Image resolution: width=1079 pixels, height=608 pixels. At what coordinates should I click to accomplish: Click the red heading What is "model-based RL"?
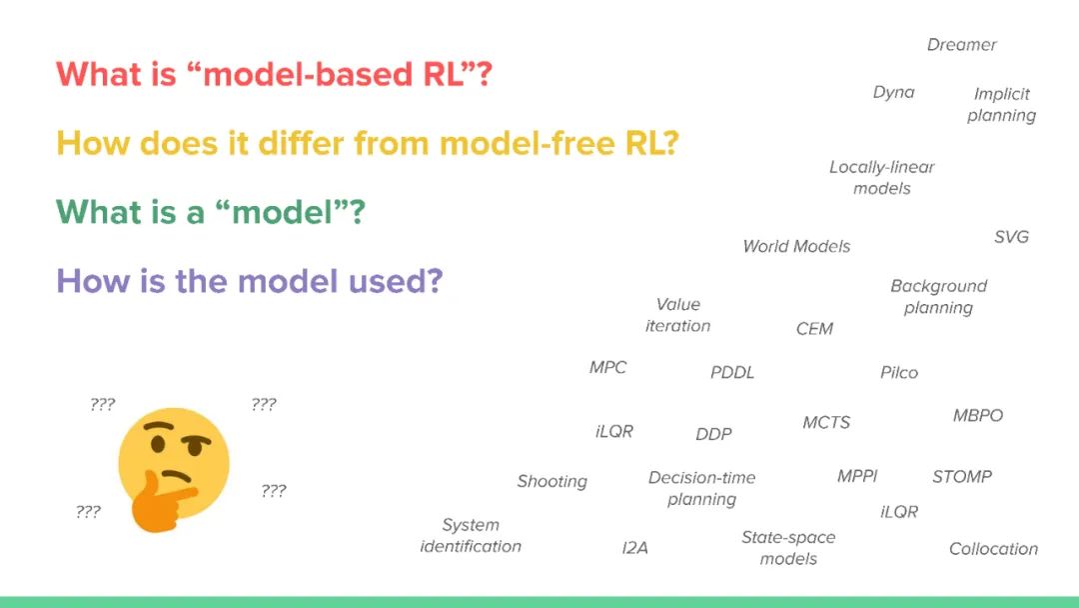(x=274, y=75)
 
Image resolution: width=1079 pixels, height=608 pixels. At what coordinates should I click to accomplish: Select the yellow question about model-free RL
(x=368, y=143)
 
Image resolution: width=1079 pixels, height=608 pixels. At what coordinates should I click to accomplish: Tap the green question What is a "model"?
(x=211, y=212)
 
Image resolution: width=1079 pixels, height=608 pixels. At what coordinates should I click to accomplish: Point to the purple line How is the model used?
(x=249, y=281)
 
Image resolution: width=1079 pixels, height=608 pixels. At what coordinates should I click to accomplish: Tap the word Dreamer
(x=961, y=45)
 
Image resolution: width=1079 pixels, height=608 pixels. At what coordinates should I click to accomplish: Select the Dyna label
(x=893, y=92)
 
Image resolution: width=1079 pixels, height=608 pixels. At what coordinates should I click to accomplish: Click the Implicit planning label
(x=1001, y=104)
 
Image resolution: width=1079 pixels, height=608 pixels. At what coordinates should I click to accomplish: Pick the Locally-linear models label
(x=881, y=177)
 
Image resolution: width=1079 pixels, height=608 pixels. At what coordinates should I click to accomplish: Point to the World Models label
(x=796, y=246)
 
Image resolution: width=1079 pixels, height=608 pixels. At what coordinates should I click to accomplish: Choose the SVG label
(x=1011, y=237)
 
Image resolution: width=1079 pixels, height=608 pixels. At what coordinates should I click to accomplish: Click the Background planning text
(x=938, y=296)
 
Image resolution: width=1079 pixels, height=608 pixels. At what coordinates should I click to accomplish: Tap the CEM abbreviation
(x=814, y=329)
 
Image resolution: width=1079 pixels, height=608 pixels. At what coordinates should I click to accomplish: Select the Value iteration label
(x=677, y=315)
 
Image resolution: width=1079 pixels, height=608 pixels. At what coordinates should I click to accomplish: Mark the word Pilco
(x=898, y=372)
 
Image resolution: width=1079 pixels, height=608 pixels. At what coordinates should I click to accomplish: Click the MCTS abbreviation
(x=826, y=423)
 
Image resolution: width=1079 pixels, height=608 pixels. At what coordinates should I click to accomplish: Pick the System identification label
(x=471, y=535)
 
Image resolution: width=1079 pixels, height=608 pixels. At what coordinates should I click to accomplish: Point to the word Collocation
(x=993, y=549)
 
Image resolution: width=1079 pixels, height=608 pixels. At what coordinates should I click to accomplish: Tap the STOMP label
(x=961, y=477)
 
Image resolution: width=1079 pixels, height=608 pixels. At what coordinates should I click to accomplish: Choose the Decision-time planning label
(x=701, y=488)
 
